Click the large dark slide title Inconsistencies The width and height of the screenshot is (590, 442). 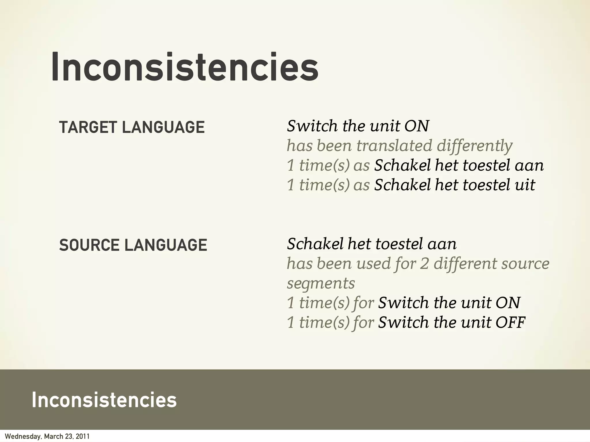point(185,67)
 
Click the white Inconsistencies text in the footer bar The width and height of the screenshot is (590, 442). point(104,400)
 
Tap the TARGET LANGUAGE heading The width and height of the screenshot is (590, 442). point(132,127)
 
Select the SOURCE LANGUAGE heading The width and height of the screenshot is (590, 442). point(133,245)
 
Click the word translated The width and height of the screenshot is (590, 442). point(394,146)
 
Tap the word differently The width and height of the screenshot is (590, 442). point(474,146)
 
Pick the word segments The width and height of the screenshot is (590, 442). point(321,283)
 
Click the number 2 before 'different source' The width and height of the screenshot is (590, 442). point(424,264)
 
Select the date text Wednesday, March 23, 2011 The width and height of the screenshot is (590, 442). point(47,437)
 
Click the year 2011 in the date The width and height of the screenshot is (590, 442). point(83,437)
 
